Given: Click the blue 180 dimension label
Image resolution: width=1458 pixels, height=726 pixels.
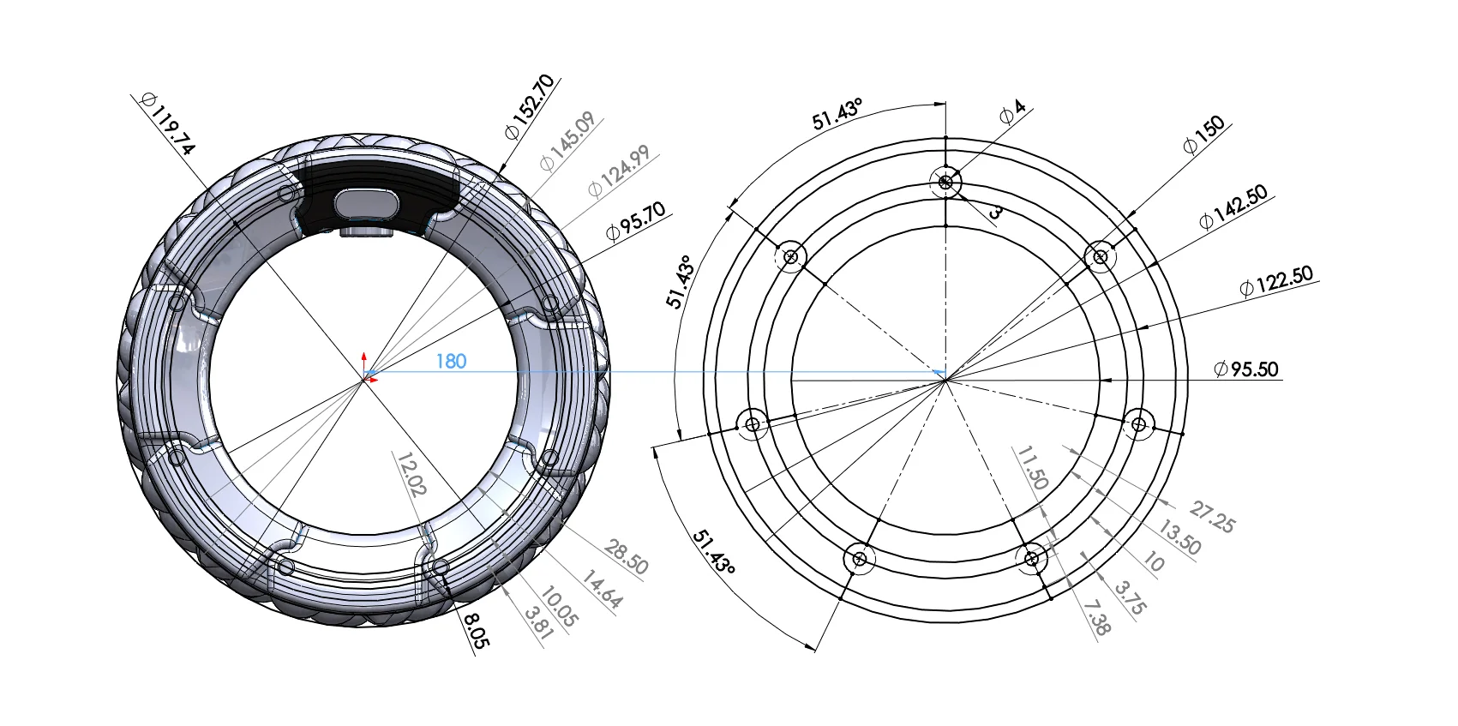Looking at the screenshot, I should click(451, 362).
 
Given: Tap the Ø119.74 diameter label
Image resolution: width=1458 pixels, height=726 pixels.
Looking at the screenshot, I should click(168, 125).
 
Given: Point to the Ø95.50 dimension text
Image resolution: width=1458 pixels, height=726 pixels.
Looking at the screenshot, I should click(1246, 369).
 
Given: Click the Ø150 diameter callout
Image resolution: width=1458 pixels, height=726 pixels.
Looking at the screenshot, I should click(1203, 135).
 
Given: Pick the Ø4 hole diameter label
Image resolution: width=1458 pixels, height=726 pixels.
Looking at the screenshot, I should click(1012, 112).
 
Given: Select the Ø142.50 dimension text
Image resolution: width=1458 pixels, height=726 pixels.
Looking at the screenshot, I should click(1233, 208).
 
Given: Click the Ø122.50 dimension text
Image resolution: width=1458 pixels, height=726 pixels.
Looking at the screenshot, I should click(1275, 281).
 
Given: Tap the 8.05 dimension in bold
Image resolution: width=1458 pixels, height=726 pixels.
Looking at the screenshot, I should click(477, 629).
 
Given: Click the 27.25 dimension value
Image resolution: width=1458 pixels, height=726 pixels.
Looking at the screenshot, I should click(1212, 519).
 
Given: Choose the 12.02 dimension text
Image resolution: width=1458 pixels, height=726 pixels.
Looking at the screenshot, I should click(411, 474).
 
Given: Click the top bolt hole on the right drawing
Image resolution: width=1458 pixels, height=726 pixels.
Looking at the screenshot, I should click(945, 182).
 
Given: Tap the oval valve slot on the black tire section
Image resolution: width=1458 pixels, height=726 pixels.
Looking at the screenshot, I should click(366, 204).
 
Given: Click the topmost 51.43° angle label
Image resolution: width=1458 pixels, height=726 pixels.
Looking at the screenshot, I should click(837, 114).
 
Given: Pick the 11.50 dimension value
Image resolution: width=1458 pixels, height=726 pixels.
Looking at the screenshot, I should click(1032, 468).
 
